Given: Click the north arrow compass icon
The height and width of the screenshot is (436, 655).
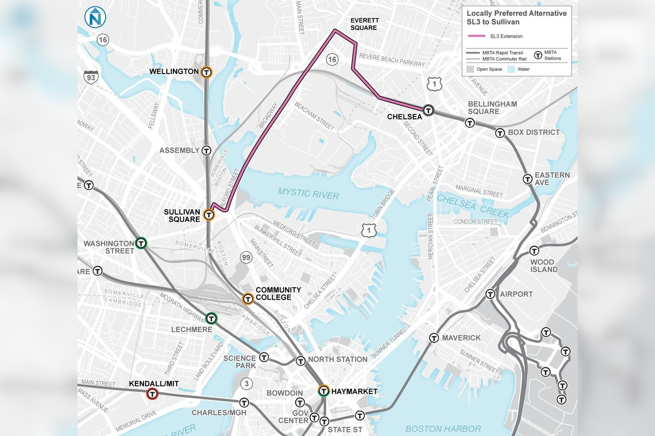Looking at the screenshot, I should pos(95,17).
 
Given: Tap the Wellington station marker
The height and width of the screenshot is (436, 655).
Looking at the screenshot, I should pos(206,72).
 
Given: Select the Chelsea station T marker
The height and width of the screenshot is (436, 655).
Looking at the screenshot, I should pos(429,111).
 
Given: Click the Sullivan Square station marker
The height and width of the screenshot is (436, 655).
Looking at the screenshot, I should pos(208,215).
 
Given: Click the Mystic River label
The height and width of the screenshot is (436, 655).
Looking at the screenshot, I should pos(308,194).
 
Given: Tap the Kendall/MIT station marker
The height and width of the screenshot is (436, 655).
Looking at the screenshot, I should pos(152,393).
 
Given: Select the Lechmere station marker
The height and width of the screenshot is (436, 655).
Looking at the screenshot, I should pos(211,318).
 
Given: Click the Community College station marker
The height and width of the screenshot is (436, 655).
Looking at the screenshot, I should pos(248,299).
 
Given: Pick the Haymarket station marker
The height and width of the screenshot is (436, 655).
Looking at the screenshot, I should pos(323,391).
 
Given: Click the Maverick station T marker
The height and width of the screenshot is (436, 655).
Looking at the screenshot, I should pos(434,338).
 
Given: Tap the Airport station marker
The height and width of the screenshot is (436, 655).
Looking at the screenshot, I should pos(490,294).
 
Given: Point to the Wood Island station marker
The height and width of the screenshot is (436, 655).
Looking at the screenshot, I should pos(534,251).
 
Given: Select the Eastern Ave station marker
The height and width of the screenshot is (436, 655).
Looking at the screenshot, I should pos(527,179).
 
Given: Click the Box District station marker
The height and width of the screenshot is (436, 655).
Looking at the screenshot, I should pos(500,132).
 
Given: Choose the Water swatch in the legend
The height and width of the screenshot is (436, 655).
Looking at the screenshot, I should pos(511,69).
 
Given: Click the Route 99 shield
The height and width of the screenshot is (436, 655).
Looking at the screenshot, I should pos(246,257).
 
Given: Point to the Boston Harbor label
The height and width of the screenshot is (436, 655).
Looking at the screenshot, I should pos(443,429).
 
